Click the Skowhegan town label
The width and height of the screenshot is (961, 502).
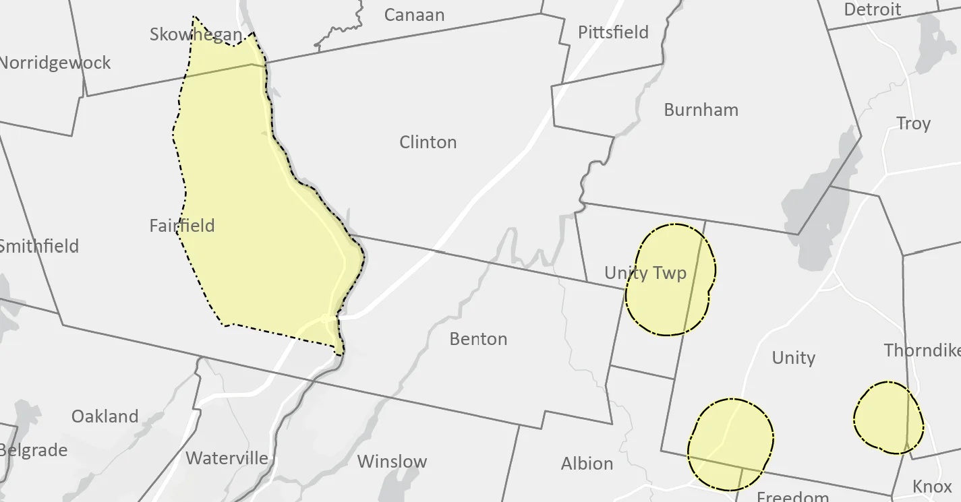click(x=196, y=34)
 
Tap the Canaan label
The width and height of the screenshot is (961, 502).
click(x=414, y=15)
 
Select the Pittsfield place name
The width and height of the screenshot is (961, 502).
click(x=613, y=32)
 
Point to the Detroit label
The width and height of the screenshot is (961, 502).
click(x=872, y=9)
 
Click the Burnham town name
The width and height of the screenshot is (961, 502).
click(x=701, y=110)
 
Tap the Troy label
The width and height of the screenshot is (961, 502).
click(x=913, y=123)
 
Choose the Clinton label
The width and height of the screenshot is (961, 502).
click(x=428, y=142)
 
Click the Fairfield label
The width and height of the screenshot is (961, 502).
click(x=182, y=225)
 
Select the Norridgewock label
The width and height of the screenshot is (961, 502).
click(x=55, y=63)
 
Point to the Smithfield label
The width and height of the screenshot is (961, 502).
click(x=39, y=246)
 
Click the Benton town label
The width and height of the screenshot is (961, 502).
click(x=478, y=338)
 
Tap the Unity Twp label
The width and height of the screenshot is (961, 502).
click(x=645, y=272)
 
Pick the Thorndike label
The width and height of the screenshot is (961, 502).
click(x=922, y=350)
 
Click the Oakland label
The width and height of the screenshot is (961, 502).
click(x=105, y=416)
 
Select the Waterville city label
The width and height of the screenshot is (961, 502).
click(x=227, y=458)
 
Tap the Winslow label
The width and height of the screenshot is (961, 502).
click(x=392, y=462)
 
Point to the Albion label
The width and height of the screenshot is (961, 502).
click(x=587, y=464)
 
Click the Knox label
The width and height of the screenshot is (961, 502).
click(x=932, y=487)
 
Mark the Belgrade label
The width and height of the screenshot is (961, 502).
click(x=34, y=450)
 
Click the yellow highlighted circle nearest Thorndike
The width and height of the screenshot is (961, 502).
click(x=887, y=417)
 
